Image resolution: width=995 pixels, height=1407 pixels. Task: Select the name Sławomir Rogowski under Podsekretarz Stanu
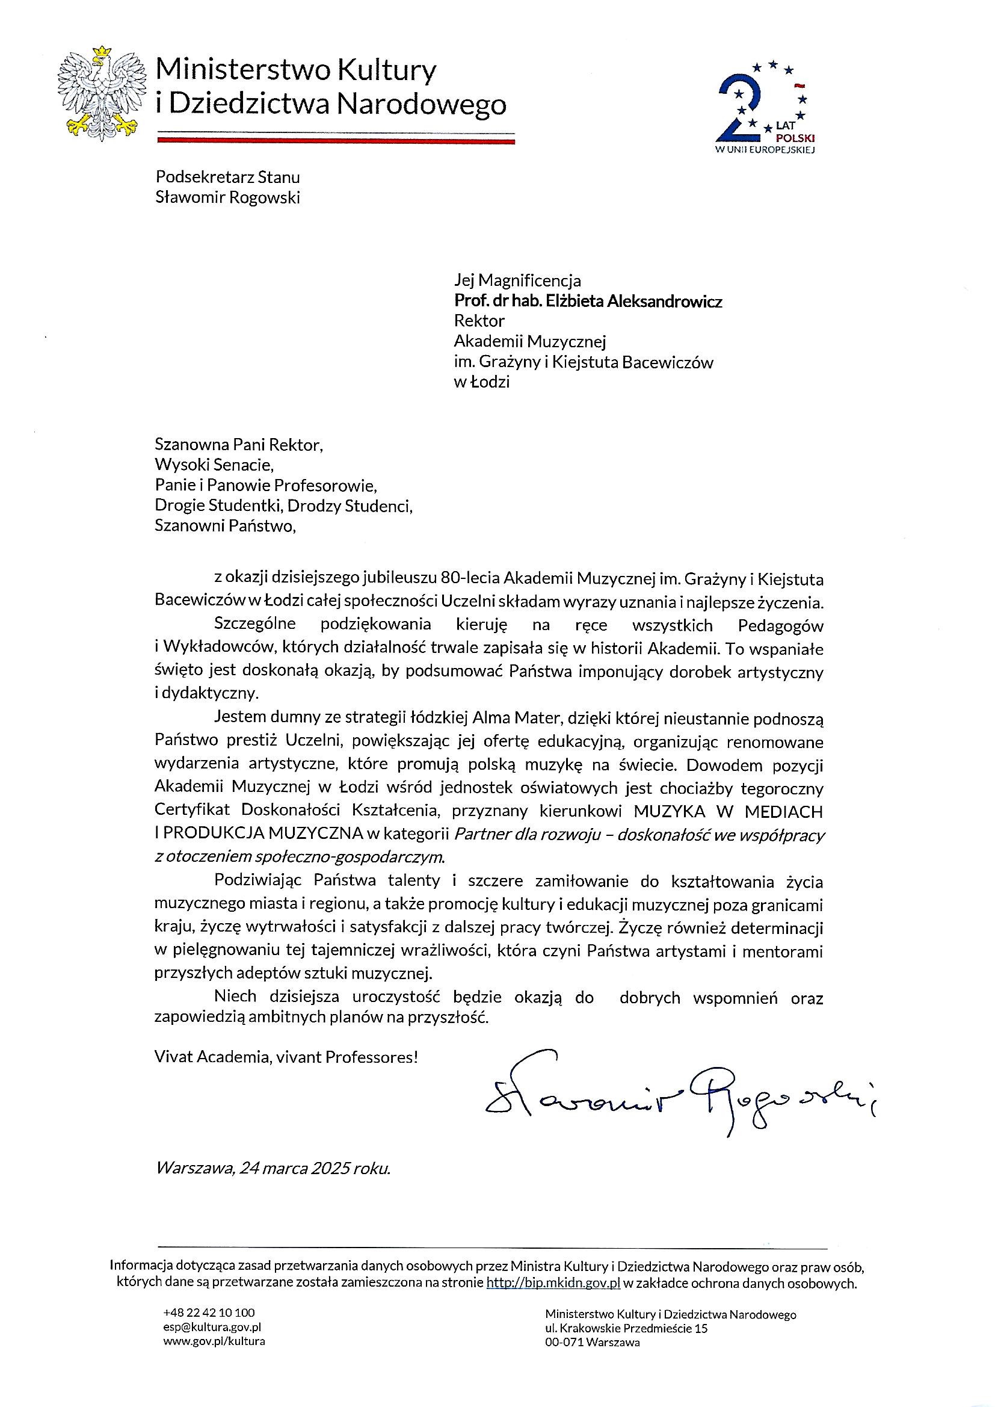(x=227, y=197)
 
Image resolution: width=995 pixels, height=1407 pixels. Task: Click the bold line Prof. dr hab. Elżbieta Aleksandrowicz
(x=588, y=301)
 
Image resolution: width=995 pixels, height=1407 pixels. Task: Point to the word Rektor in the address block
(x=479, y=321)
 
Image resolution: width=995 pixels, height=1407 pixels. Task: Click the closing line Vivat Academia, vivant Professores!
(x=286, y=1057)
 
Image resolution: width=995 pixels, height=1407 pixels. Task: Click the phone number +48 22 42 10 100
(x=209, y=1312)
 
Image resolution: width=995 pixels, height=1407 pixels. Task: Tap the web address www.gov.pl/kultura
(x=214, y=1341)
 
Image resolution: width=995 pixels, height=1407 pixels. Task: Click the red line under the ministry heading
(x=336, y=140)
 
